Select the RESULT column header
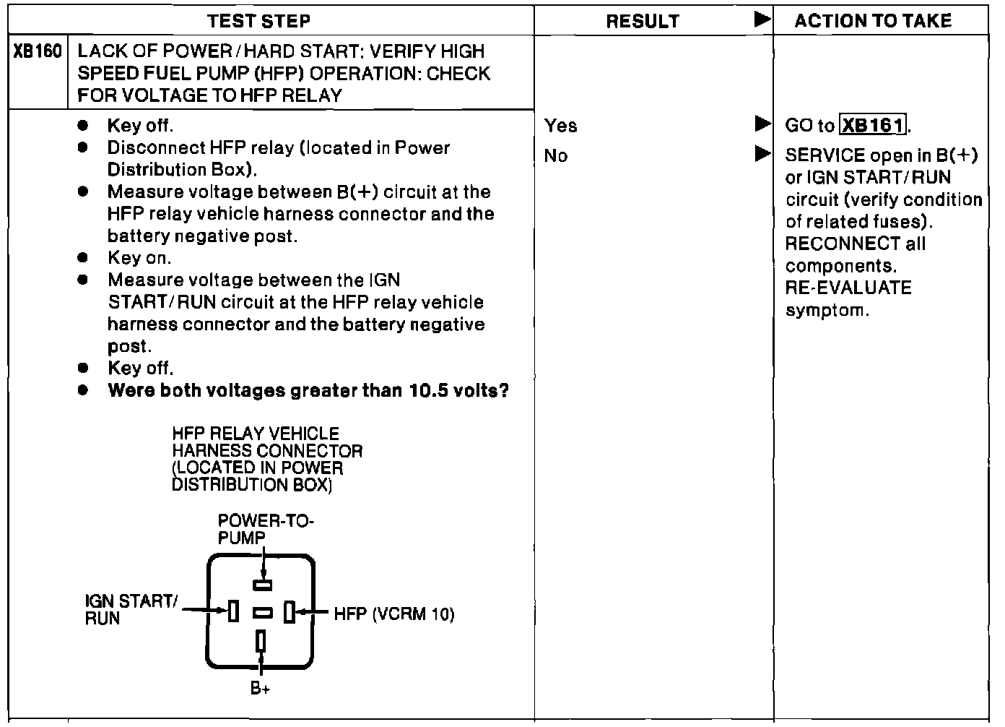642,22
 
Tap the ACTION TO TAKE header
873,21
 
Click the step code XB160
38,52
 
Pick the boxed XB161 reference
874,126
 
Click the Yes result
561,126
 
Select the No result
556,156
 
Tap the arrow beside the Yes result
762,124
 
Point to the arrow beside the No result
762,154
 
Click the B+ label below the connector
260,689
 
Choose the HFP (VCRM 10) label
394,614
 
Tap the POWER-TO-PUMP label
266,529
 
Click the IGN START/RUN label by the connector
130,609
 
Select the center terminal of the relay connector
263,613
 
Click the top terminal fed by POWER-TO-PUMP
262,584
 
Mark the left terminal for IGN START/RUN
233,611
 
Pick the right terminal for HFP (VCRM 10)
289,612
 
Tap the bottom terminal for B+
261,641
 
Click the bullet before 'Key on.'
83,258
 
